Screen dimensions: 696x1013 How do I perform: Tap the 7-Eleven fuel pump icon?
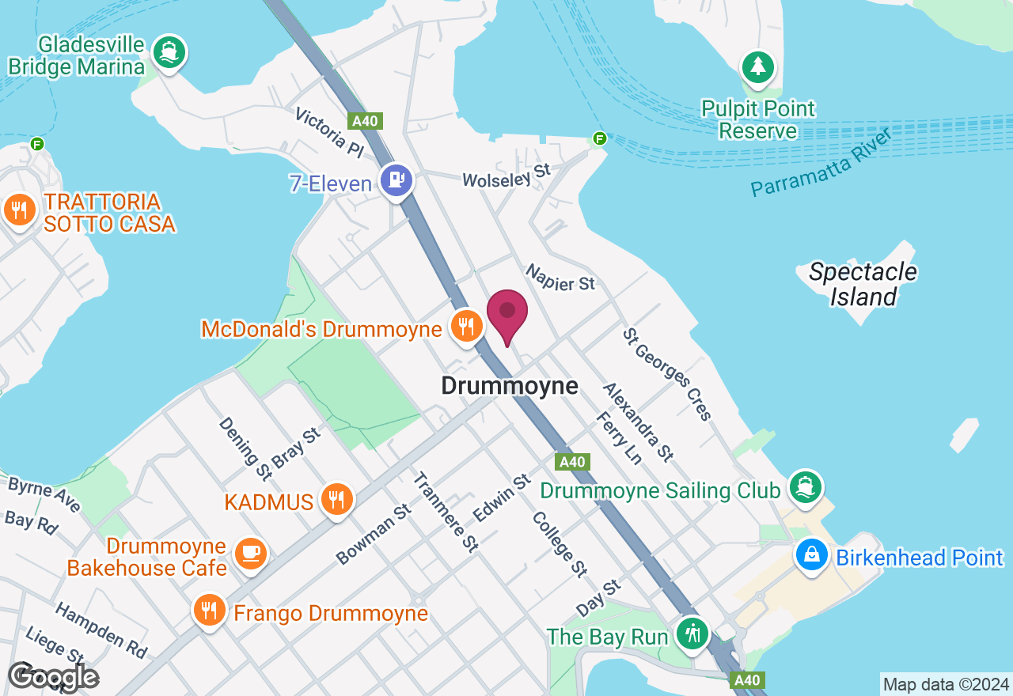[x=396, y=181]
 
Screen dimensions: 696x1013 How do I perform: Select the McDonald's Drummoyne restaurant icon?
[x=466, y=325]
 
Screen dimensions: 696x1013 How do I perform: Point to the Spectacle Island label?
[x=863, y=284]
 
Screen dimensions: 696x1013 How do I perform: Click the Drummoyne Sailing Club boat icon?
[x=806, y=486]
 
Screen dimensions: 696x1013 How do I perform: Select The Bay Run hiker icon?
[x=693, y=634]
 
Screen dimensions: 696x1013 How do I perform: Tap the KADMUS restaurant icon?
[x=337, y=500]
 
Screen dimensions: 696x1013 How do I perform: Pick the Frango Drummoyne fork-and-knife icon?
[x=209, y=611]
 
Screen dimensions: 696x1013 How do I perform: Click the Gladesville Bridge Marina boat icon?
[x=169, y=51]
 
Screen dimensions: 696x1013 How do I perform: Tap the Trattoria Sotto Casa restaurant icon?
[x=20, y=210]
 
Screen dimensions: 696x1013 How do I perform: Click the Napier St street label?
[x=560, y=278]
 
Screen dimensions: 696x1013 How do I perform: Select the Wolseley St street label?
[x=506, y=176]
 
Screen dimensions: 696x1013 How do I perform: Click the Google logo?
[x=53, y=676]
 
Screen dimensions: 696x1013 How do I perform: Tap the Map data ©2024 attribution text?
[x=946, y=684]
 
